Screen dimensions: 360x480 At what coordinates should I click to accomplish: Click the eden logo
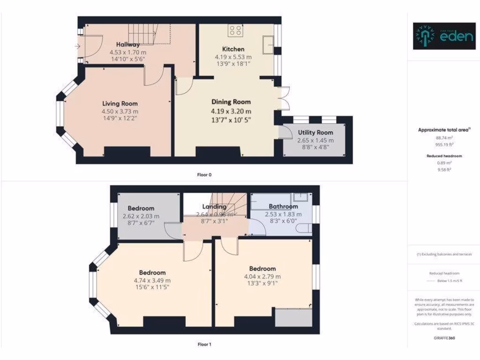[x=443, y=36]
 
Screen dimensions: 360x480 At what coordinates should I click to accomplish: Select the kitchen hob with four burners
[x=236, y=31]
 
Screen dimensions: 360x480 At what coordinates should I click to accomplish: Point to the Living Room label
[x=120, y=104]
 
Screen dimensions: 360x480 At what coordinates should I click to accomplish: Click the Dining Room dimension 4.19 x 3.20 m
[x=231, y=111]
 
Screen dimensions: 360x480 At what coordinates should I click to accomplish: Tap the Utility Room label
[x=315, y=133]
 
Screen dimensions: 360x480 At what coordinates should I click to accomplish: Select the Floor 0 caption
[x=204, y=175]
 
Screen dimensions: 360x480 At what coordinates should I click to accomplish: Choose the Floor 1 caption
[x=204, y=345]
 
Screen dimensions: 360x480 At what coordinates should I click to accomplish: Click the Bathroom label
[x=283, y=206]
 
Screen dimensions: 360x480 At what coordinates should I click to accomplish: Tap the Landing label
[x=214, y=206]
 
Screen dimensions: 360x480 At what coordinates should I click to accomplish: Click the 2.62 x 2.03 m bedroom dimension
[x=141, y=217]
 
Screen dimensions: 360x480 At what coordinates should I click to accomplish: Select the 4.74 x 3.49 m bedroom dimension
[x=152, y=281]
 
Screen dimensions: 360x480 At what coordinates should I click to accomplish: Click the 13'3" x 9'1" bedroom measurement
[x=262, y=284]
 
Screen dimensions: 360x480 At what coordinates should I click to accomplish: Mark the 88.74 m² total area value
[x=443, y=138]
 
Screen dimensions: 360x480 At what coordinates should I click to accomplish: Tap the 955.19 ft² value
[x=443, y=145]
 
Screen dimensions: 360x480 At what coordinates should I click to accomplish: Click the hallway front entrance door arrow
[x=77, y=46]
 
